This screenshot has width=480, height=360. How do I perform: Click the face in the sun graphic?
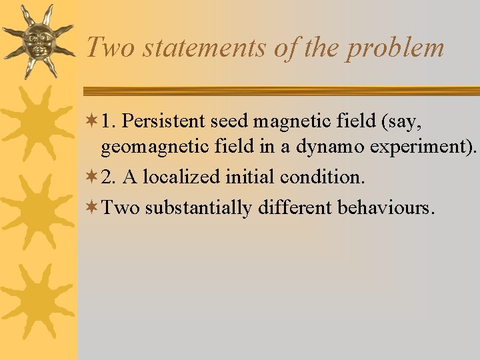37,41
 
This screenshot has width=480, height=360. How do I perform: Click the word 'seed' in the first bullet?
231,121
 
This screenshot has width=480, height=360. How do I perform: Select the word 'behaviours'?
385,207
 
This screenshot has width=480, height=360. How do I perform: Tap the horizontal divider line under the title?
280,91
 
